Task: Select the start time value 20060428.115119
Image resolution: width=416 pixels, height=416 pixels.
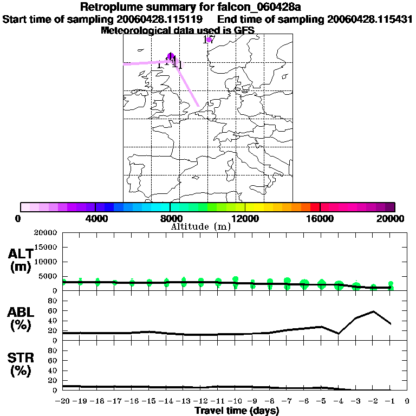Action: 158,19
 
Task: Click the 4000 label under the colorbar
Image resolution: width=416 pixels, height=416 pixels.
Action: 94,218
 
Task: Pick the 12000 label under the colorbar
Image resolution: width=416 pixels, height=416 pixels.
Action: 245,218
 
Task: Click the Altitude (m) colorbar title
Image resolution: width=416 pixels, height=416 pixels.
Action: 200,226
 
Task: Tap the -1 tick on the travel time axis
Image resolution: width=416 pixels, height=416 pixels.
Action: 390,401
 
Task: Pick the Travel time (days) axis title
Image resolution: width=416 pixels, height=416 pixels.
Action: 237,411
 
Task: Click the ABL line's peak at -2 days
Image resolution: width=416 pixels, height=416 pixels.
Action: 373,311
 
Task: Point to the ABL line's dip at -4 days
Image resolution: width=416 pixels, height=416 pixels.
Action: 339,334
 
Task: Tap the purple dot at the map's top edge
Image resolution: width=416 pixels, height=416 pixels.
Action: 209,40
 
